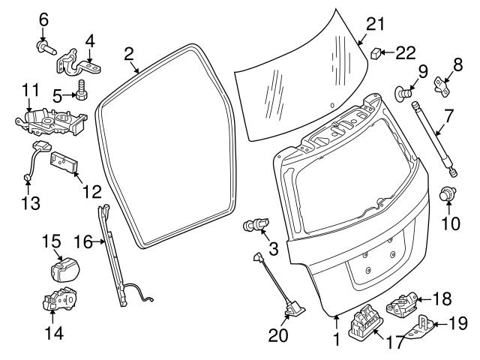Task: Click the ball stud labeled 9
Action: [401, 93]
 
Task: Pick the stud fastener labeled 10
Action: [448, 193]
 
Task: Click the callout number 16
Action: [84, 241]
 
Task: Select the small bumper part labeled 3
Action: [255, 224]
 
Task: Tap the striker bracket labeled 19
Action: [420, 330]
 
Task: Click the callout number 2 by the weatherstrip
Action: [129, 53]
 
